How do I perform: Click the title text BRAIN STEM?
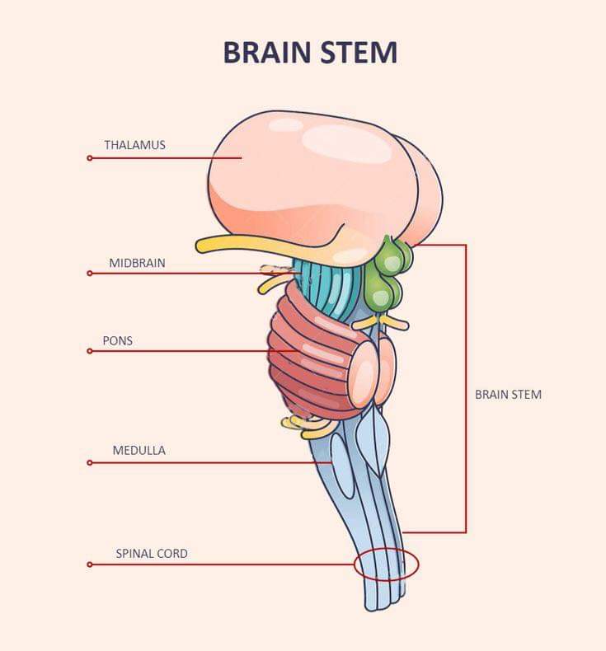click(310, 53)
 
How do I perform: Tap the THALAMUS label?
click(134, 145)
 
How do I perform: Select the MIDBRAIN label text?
click(137, 263)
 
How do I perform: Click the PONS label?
click(118, 341)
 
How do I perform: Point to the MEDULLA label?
click(139, 451)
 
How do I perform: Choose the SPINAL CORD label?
click(152, 554)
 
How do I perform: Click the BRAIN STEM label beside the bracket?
click(508, 395)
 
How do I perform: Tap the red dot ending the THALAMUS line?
click(90, 158)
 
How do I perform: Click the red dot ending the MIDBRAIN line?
click(90, 274)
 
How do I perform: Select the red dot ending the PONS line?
click(90, 351)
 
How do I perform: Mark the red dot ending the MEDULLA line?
click(90, 462)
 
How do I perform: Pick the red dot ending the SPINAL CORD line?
click(90, 564)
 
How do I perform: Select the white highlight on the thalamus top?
click(347, 143)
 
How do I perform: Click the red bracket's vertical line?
click(466, 389)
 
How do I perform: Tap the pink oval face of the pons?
click(363, 373)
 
